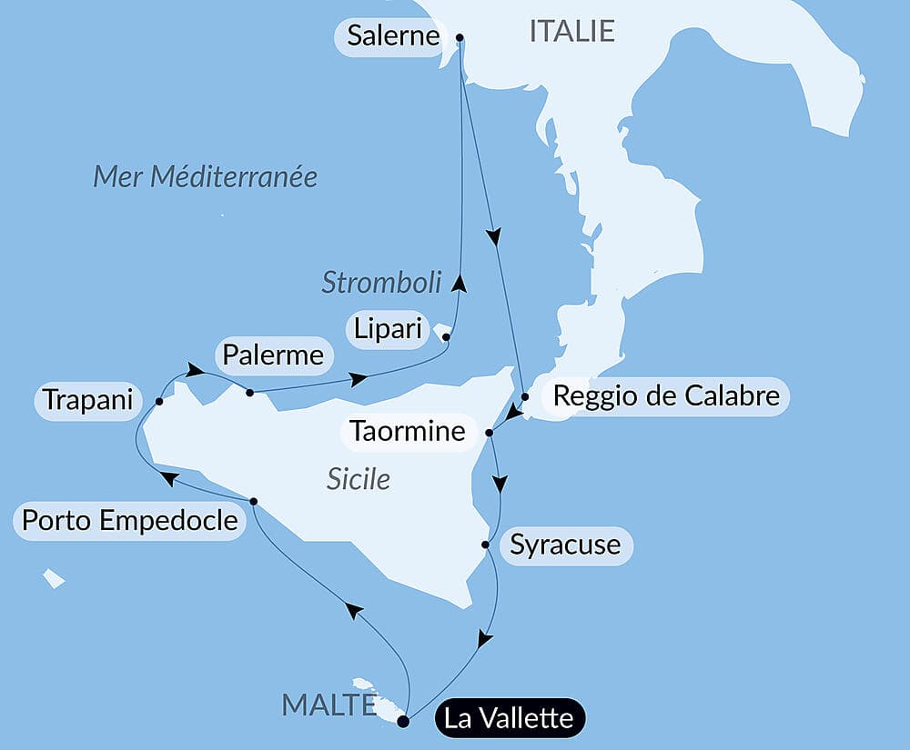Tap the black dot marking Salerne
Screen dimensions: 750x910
click(x=460, y=38)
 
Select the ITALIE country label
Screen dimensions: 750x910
click(x=571, y=32)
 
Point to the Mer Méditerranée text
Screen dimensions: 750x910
click(x=206, y=176)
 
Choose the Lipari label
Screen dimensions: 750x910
click(x=388, y=329)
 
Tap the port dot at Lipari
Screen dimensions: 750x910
click(x=446, y=337)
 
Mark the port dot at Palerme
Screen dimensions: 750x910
click(x=249, y=393)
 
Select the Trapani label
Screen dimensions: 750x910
click(x=87, y=400)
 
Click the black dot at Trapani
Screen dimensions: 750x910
click(x=159, y=401)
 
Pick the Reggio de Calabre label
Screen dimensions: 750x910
click(x=666, y=396)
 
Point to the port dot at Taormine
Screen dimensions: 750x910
click(x=490, y=433)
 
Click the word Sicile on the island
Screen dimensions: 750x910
click(x=359, y=479)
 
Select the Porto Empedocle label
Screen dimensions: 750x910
click(x=129, y=522)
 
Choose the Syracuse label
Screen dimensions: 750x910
click(x=565, y=545)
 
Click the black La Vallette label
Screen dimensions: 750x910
click(x=511, y=719)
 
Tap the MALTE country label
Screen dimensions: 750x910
click(x=329, y=705)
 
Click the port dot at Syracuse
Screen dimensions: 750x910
click(x=486, y=545)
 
